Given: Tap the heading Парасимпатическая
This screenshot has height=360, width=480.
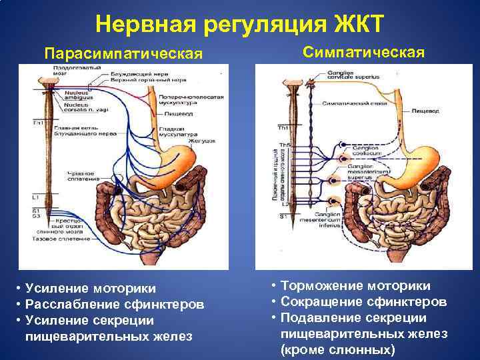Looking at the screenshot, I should tap(122, 53).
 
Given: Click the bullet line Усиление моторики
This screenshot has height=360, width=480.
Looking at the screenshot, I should tap(91, 288).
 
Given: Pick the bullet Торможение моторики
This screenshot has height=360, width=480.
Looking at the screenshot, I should tap(355, 285).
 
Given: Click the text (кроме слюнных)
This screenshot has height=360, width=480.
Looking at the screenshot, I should tap(337, 349).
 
